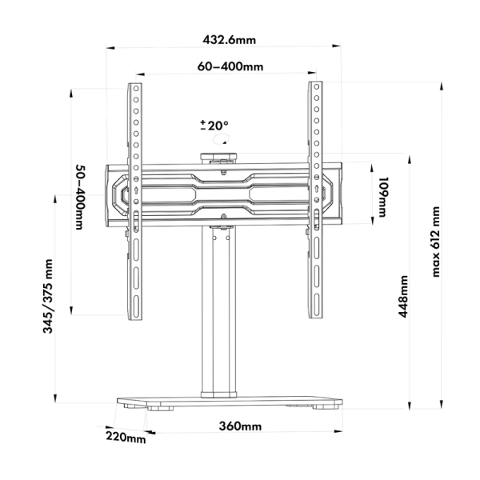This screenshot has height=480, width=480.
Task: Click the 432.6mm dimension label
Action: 229,40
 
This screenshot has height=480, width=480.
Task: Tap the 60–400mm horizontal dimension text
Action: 230,66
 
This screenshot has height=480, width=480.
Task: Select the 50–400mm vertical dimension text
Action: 80,197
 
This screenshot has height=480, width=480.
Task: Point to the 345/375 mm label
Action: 48,296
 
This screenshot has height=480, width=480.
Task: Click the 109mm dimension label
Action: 383,197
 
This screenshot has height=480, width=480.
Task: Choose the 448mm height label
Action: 403,296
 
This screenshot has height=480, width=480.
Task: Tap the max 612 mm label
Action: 436,242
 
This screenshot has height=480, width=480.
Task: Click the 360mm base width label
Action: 240,426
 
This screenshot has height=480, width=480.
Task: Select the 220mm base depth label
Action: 126,437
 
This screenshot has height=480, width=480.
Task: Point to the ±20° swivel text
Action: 214,126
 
